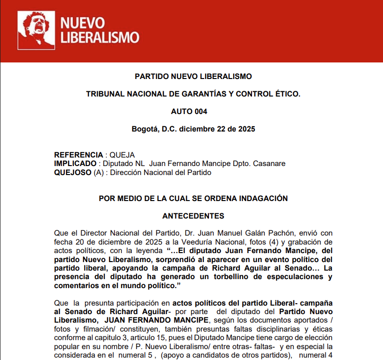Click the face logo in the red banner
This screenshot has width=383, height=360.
36,30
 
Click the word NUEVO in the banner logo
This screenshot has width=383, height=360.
83,23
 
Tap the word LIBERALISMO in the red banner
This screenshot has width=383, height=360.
100,37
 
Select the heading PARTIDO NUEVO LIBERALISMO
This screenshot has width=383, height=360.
193,76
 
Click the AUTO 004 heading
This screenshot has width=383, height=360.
189,112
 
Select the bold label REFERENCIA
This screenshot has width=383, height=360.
78,155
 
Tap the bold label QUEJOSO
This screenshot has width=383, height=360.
73,172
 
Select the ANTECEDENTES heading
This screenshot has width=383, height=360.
193,216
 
